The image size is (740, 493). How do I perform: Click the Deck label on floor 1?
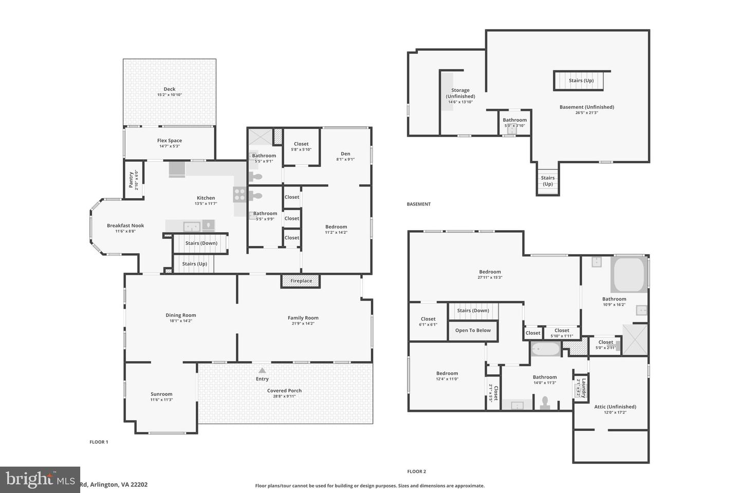tap(170, 89)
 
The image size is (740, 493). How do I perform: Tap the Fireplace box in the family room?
tap(301, 281)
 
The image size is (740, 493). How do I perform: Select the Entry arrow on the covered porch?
tap(262, 371)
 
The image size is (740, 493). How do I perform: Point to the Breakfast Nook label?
tap(125, 225)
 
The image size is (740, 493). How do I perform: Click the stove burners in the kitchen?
tap(240, 194)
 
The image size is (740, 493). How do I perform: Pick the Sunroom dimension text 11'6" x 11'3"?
tap(161, 400)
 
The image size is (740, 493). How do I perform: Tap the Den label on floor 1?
tap(345, 154)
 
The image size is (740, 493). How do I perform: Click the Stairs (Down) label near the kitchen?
tap(201, 243)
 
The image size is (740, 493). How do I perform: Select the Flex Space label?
tap(170, 140)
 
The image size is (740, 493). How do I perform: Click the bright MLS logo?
tap(40, 479)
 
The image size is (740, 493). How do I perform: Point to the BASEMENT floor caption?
tap(419, 204)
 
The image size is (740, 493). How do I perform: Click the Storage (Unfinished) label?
tap(460, 93)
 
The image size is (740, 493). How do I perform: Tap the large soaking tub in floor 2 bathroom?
tap(628, 275)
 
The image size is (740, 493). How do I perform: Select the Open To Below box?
tap(473, 330)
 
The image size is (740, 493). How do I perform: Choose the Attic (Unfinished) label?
tap(615, 406)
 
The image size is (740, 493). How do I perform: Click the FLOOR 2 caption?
tap(417, 471)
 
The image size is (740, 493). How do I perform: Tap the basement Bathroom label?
tap(514, 120)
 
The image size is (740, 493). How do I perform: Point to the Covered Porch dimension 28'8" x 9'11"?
tap(284, 396)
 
